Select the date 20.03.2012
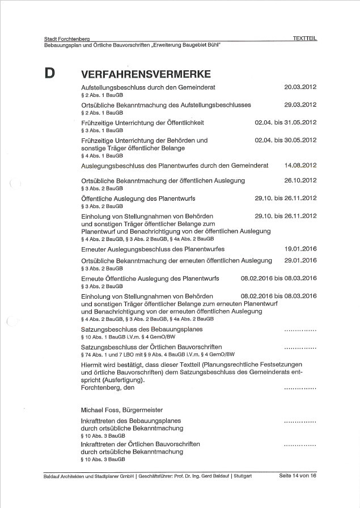pos(300,87)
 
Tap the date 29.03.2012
pos(300,105)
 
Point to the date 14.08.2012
pos(300,166)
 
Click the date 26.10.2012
pos(300,181)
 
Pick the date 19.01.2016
pos(300,249)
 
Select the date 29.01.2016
pos(300,260)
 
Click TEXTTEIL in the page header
pos(304,39)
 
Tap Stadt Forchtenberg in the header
pos(67,39)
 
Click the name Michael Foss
pos(99,409)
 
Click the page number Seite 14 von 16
pos(298,475)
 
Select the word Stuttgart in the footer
pos(243,476)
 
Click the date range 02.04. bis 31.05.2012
pos(286,122)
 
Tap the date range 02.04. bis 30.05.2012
pos(286,140)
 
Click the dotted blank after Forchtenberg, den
pos(300,389)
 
